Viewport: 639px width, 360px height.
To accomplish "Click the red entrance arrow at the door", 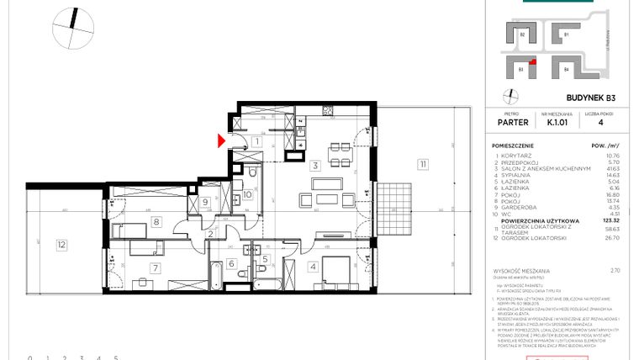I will [x=222, y=140].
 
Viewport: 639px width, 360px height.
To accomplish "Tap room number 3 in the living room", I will [x=313, y=166].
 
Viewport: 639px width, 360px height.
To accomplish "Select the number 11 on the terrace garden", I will [x=420, y=165].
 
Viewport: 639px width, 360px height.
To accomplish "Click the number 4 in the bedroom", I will [x=311, y=268].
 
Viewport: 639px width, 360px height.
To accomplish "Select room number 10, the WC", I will [x=247, y=196].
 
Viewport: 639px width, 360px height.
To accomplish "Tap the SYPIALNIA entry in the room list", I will [x=517, y=174].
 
